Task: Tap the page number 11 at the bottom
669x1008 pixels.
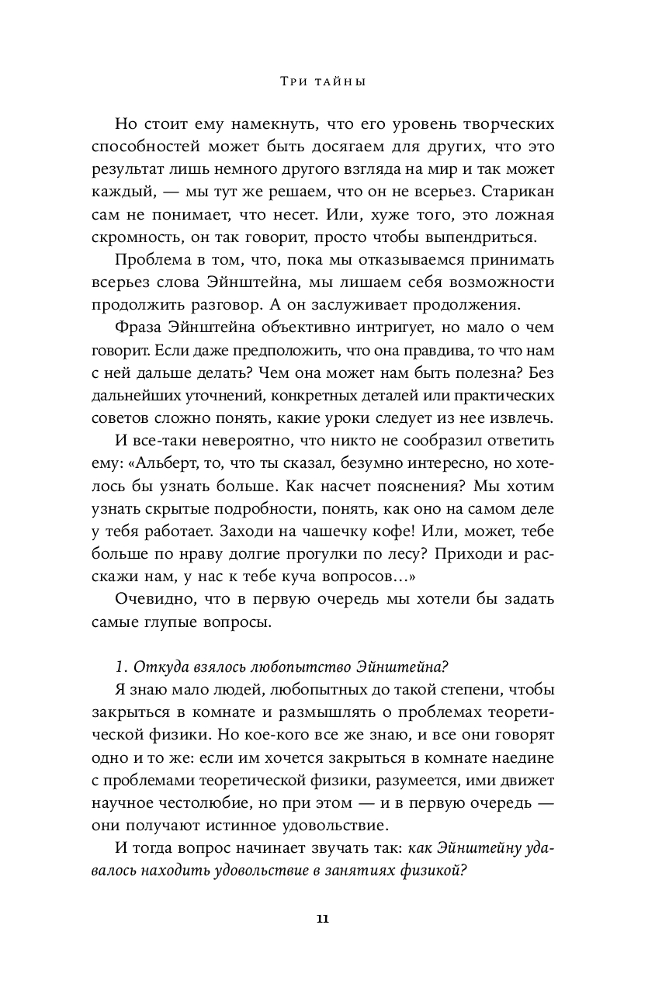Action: tap(323, 919)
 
